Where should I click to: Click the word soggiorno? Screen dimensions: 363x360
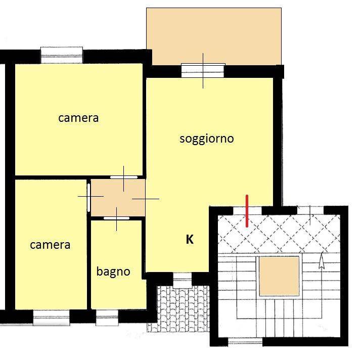[206, 140]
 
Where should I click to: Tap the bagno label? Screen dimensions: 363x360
[113, 272]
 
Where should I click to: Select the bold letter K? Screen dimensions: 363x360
[190, 239]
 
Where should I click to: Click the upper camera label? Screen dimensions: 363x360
[78, 118]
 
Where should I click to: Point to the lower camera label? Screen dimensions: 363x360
[50, 245]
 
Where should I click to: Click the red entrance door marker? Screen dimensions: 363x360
[247, 211]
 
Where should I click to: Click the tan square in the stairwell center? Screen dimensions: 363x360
[279, 276]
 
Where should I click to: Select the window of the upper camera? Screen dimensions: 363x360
[62, 55]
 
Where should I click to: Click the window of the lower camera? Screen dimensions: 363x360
[52, 318]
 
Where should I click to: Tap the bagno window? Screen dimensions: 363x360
[107, 318]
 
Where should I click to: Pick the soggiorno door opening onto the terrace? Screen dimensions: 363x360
[203, 70]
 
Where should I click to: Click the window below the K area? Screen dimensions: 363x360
[183, 280]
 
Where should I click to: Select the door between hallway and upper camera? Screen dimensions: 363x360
[124, 177]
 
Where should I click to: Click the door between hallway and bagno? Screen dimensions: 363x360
[116, 218]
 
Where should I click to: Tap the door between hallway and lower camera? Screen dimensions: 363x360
[88, 198]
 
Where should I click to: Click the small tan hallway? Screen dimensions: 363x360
[118, 198]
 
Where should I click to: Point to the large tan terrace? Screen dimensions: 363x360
[214, 36]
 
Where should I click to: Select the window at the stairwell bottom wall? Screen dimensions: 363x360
[245, 341]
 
